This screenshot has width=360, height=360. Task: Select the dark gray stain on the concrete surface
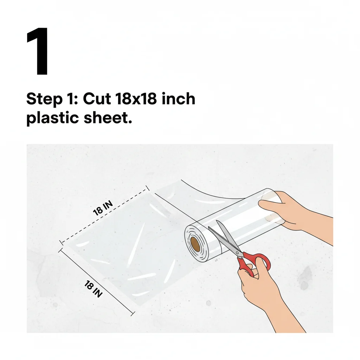(305, 276)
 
